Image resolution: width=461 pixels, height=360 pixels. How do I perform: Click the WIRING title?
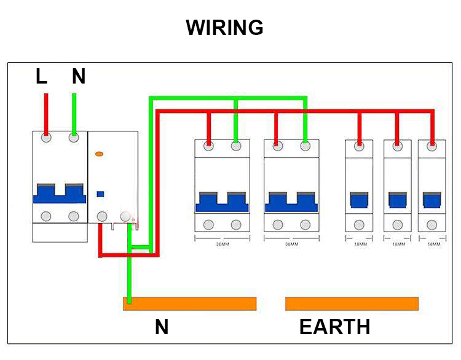click(225, 28)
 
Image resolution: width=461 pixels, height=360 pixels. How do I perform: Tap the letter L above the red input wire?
click(41, 77)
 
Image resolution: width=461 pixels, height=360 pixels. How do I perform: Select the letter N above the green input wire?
click(78, 77)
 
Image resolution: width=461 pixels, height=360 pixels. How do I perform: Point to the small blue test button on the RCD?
click(100, 194)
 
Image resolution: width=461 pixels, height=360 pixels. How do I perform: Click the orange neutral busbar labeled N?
click(189, 304)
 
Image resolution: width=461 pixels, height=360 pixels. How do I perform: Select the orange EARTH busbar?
click(352, 304)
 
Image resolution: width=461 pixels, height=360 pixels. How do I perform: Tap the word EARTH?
click(334, 327)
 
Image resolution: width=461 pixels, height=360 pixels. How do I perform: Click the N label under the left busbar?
click(162, 327)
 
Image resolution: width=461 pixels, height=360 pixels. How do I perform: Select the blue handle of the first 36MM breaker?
click(222, 202)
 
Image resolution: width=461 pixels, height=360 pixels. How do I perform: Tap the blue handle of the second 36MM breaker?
click(291, 202)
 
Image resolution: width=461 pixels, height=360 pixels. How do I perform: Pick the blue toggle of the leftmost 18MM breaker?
click(359, 201)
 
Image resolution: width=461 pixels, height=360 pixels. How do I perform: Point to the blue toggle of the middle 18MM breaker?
click(397, 201)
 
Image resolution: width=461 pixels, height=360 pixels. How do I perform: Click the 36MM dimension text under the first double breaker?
click(223, 244)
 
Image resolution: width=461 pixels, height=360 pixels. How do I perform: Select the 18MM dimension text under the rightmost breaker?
click(433, 244)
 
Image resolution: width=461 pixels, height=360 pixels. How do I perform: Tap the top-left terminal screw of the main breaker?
click(46, 138)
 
